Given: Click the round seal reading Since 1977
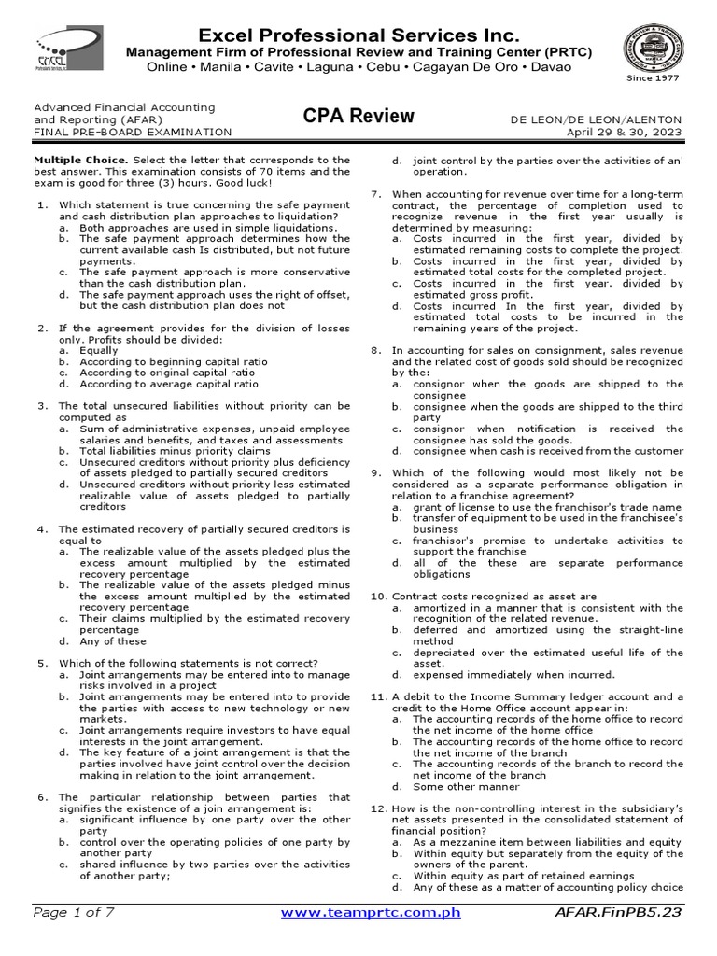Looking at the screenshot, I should click(653, 51).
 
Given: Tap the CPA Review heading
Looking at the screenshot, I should click(358, 117).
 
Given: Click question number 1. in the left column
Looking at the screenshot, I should click(40, 204).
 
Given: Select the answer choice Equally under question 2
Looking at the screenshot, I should click(99, 350).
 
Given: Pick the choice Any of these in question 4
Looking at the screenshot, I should click(113, 641).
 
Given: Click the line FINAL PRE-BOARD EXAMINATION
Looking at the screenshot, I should click(133, 133).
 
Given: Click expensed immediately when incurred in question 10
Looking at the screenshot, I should click(513, 675).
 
